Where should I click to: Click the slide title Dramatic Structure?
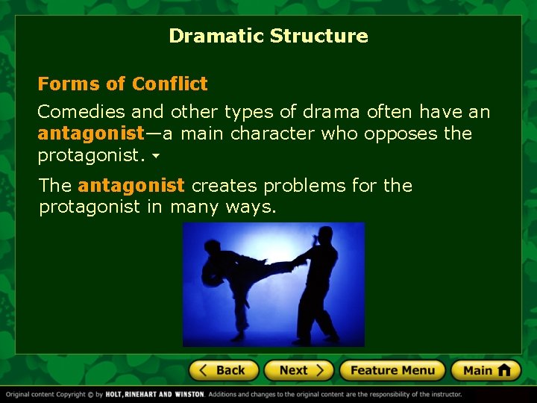(x=268, y=36)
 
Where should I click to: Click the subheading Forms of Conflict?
(x=122, y=84)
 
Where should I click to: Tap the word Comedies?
(x=81, y=112)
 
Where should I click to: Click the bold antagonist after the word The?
(x=130, y=185)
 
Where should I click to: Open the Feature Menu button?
(x=392, y=370)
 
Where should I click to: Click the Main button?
(x=486, y=370)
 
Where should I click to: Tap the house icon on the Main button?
(x=504, y=369)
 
